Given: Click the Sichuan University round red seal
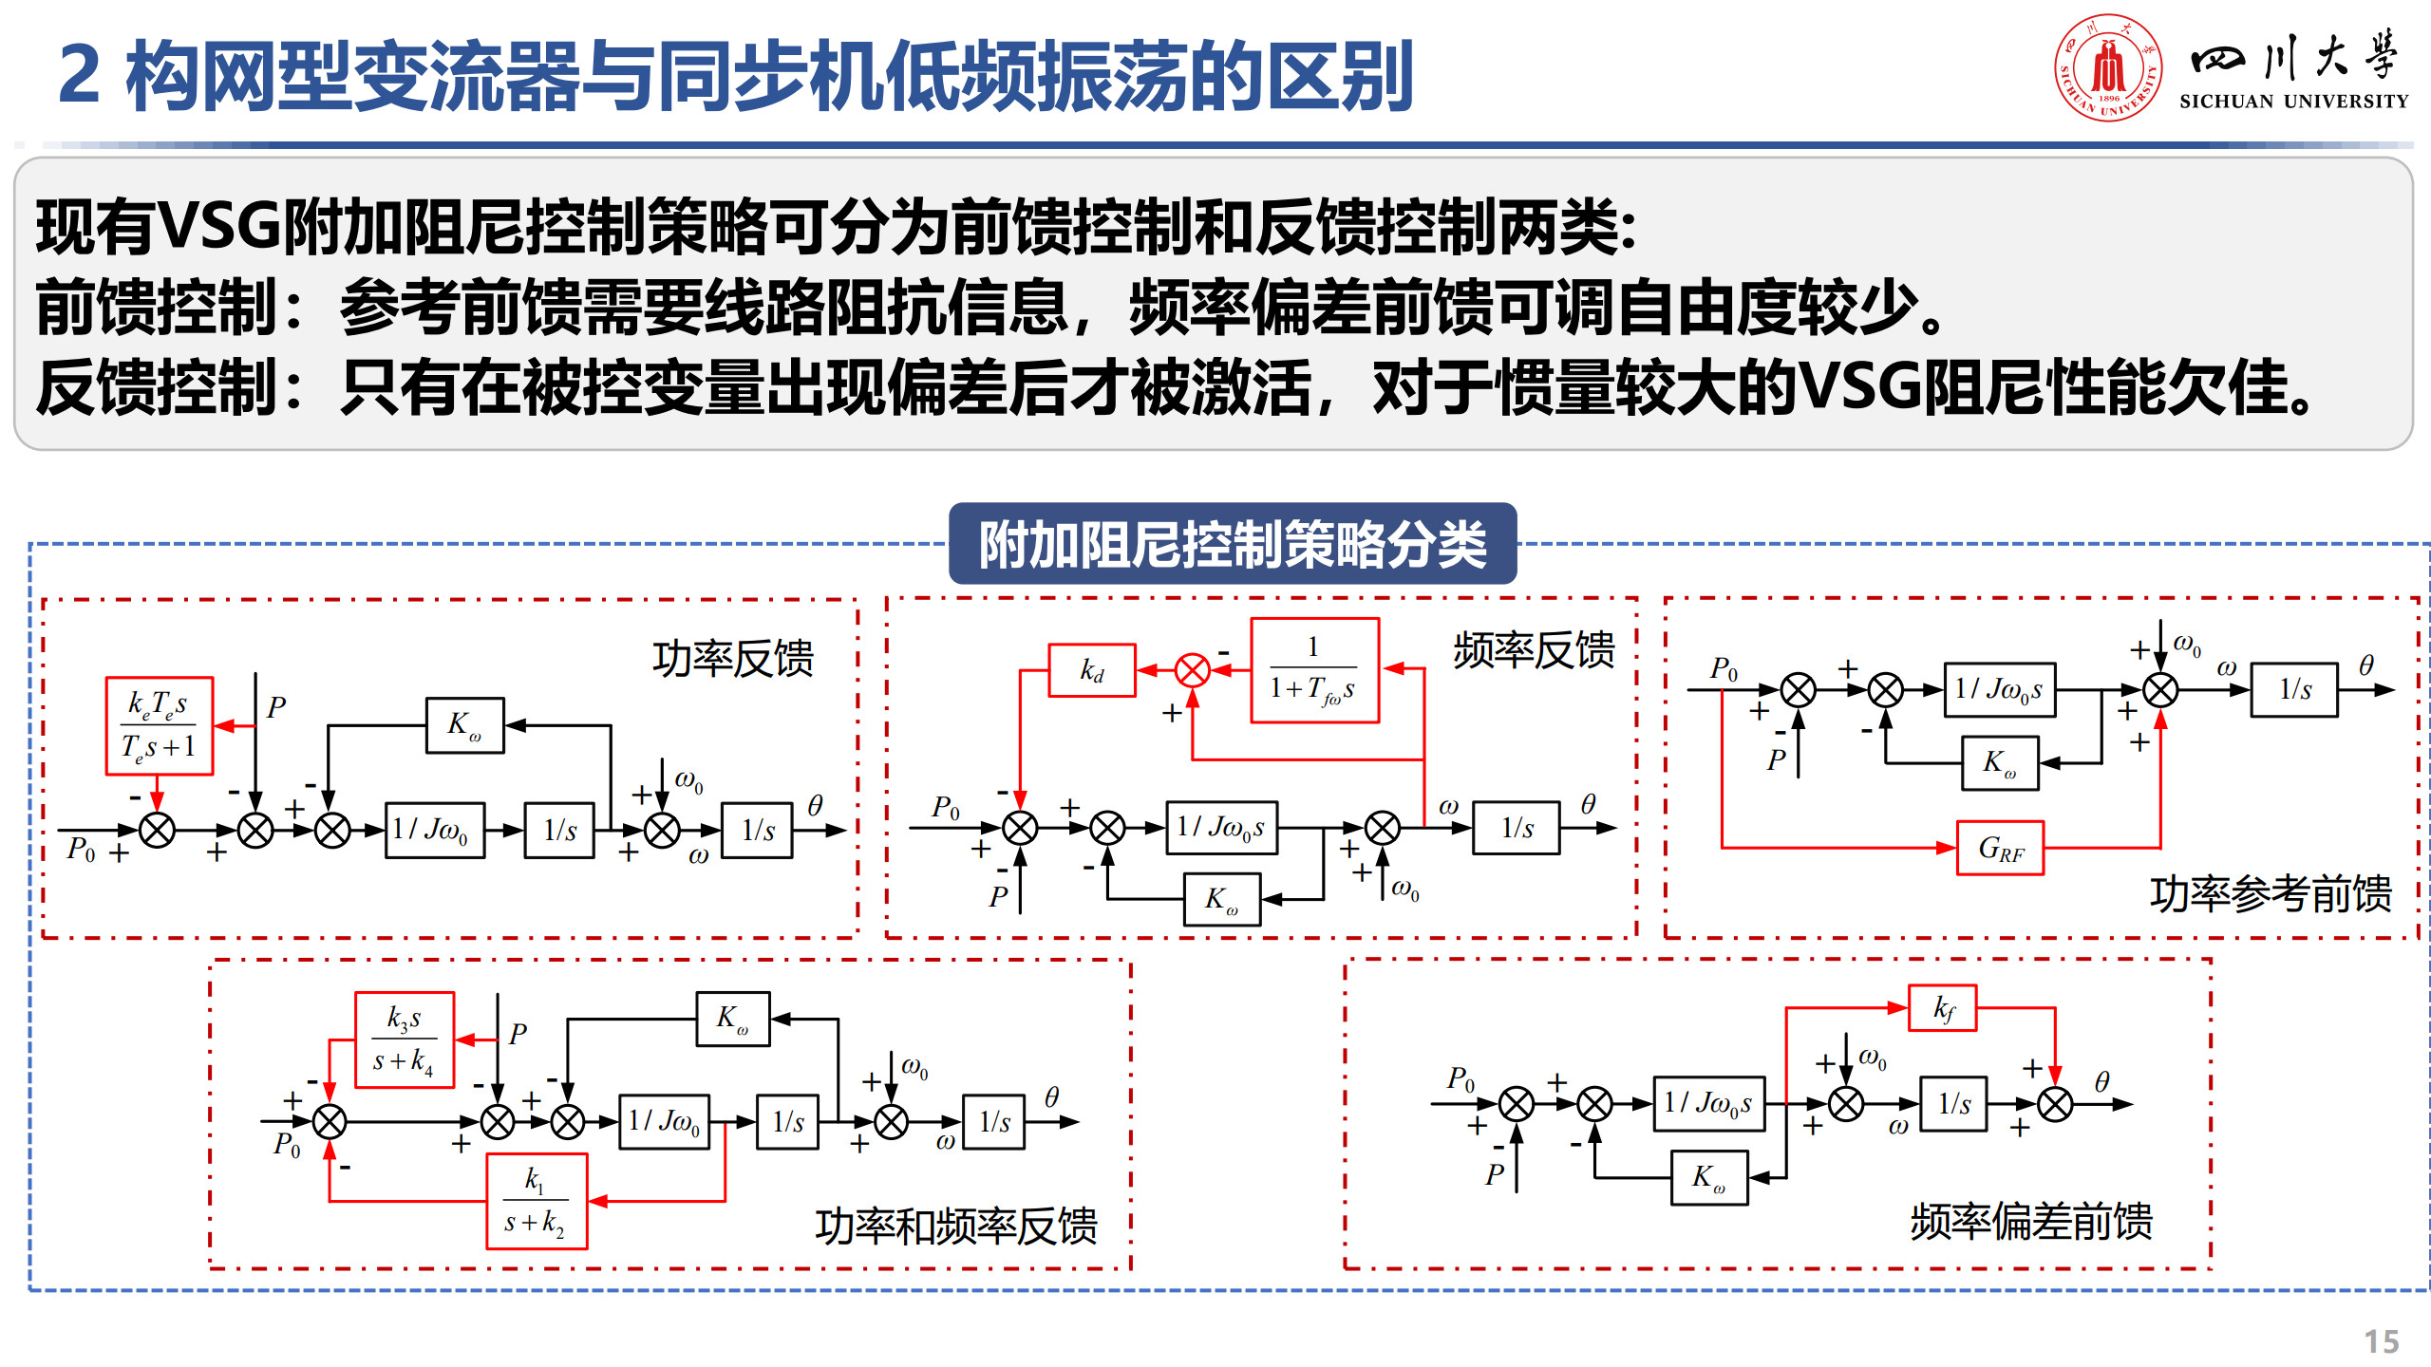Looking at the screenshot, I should pos(2108,67).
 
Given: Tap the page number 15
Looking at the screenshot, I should pos(2381,1341).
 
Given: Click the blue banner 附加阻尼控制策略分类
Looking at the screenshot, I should pos(1232,544).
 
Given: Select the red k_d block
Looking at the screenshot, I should pos(1091,670).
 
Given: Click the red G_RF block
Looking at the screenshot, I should pos(2000,848).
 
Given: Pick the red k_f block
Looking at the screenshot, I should pos(1943,1008).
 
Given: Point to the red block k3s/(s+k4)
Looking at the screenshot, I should pos(405,1039).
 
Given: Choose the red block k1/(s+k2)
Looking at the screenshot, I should pos(537,1201).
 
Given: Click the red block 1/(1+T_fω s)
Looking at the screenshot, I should pos(1313,670).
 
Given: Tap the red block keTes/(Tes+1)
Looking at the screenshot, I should pos(159,725).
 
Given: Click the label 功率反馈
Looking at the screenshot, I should pos(732,658).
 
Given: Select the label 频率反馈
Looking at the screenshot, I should pos(1533,651).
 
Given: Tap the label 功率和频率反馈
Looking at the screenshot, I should pos(955,1226).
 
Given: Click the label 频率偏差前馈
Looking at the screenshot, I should pos(2030,1221).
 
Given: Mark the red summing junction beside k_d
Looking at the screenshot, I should pos(1192,670).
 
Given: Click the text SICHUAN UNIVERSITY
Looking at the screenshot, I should pos(2293,102).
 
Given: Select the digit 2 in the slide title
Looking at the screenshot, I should pos(79,75).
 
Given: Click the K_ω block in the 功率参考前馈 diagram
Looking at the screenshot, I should pos(2000,763).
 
